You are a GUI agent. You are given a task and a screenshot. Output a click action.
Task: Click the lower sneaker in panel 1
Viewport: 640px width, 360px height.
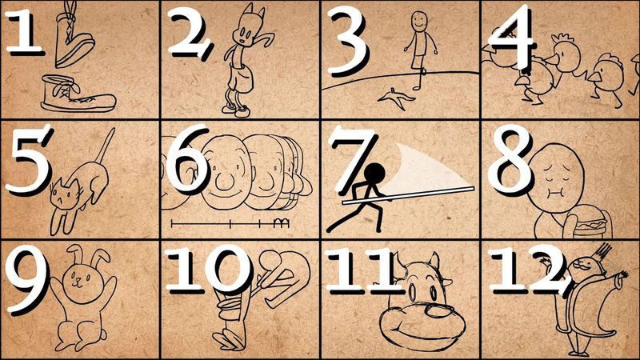(76, 94)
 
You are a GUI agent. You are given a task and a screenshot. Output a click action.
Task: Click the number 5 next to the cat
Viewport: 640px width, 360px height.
(26, 160)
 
